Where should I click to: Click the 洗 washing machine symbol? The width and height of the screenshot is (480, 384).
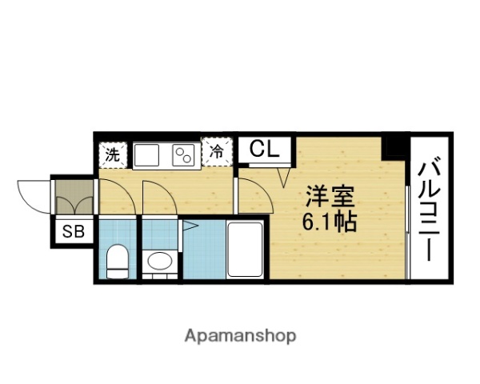(113, 154)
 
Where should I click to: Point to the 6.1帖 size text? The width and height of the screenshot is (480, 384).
(329, 221)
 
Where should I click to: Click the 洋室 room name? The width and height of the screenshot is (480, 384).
(329, 197)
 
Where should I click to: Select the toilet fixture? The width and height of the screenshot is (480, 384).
(118, 260)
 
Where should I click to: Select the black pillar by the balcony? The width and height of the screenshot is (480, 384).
(394, 148)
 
